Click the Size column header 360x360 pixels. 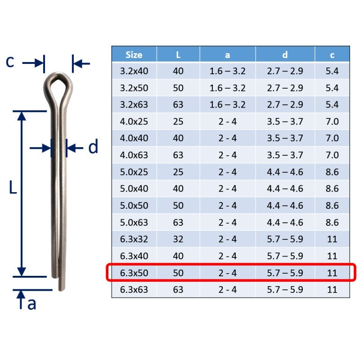[x=134, y=55]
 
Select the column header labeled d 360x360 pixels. [x=285, y=55]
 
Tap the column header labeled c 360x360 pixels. [x=332, y=55]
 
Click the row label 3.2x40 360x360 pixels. [x=134, y=71]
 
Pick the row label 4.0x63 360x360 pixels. [x=134, y=155]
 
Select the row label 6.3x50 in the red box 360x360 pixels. [x=134, y=273]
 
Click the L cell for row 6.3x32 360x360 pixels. [x=178, y=239]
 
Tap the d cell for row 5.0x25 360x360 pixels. [x=285, y=172]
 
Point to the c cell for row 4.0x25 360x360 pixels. [x=332, y=121]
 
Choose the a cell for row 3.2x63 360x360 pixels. [x=227, y=104]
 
